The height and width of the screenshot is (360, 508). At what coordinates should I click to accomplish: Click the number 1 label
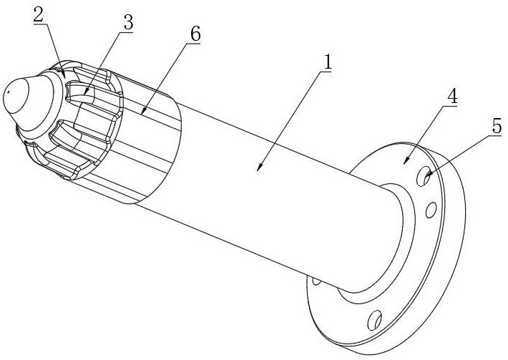coord(328,62)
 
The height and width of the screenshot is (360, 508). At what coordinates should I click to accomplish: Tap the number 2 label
coord(38,14)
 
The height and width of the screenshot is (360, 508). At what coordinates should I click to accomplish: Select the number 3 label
coord(128,23)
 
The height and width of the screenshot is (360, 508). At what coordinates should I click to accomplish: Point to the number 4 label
coord(452,96)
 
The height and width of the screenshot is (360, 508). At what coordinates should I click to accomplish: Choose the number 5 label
coord(497,126)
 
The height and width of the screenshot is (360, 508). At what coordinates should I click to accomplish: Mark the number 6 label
coord(195,34)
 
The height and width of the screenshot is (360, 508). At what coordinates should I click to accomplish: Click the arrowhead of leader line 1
coord(260,167)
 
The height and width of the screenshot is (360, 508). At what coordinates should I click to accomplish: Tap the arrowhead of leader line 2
coord(64,74)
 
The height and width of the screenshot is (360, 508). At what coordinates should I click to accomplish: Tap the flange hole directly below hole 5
coord(431,210)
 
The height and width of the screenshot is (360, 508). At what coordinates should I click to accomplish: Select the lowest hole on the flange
coord(374,320)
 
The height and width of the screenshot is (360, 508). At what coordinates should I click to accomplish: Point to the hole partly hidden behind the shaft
coord(316,281)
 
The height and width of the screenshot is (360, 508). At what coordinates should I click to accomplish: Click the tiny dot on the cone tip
coord(9,92)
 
